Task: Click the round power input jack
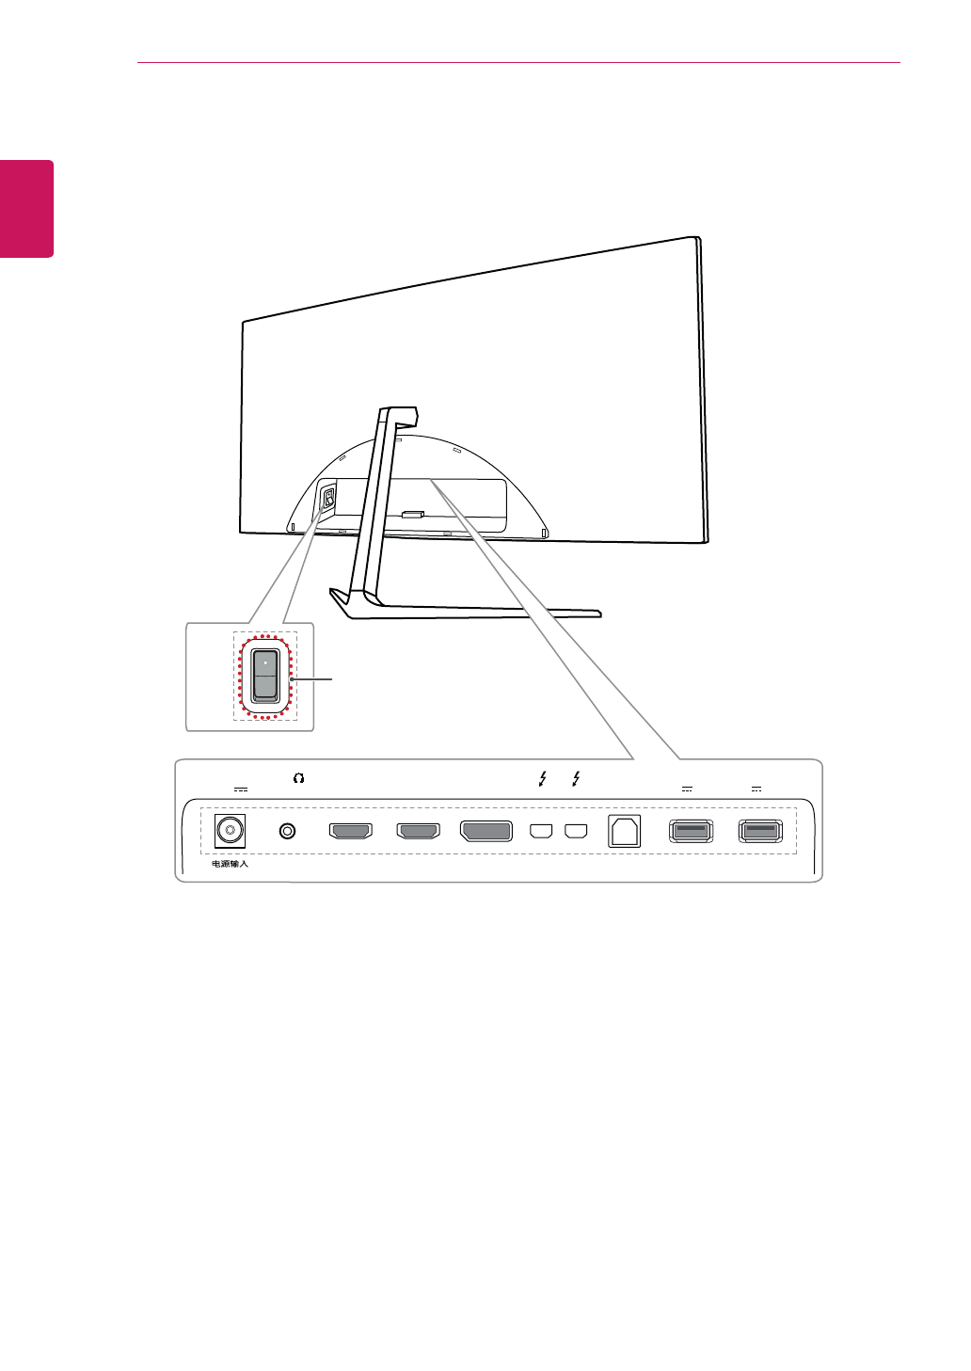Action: pyautogui.click(x=230, y=831)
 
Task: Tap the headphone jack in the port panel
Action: pyautogui.click(x=288, y=831)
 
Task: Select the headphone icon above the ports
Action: pyautogui.click(x=298, y=778)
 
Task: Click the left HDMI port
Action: pyautogui.click(x=350, y=831)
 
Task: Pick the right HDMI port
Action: pyautogui.click(x=418, y=831)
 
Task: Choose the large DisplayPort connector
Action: pyautogui.click(x=485, y=831)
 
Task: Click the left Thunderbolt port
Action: pyautogui.click(x=541, y=831)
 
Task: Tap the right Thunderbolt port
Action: pyautogui.click(x=576, y=831)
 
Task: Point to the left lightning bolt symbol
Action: pyautogui.click(x=543, y=778)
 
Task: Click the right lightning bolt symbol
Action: pyautogui.click(x=576, y=778)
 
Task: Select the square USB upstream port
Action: pyautogui.click(x=624, y=831)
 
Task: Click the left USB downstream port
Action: pyautogui.click(x=691, y=831)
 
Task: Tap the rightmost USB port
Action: pyautogui.click(x=760, y=831)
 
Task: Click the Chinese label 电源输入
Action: pyautogui.click(x=230, y=864)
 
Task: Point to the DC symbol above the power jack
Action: pyautogui.click(x=241, y=789)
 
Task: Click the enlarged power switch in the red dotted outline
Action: pyautogui.click(x=265, y=676)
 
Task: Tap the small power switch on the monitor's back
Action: pyautogui.click(x=328, y=498)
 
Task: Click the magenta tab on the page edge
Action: pyautogui.click(x=26, y=208)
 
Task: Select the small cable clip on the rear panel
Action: pyautogui.click(x=412, y=515)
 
